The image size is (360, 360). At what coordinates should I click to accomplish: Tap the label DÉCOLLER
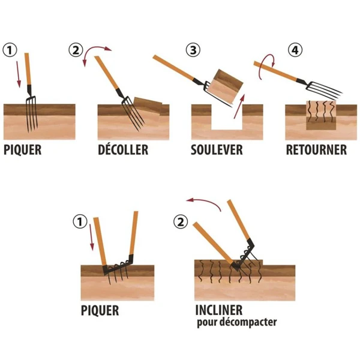tap(122, 149)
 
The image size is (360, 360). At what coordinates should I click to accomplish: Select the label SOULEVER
tap(217, 149)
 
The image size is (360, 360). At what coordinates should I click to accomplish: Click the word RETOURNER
tap(316, 149)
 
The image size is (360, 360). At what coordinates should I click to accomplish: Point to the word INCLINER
tap(219, 311)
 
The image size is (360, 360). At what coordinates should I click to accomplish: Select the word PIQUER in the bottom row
tap(100, 311)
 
